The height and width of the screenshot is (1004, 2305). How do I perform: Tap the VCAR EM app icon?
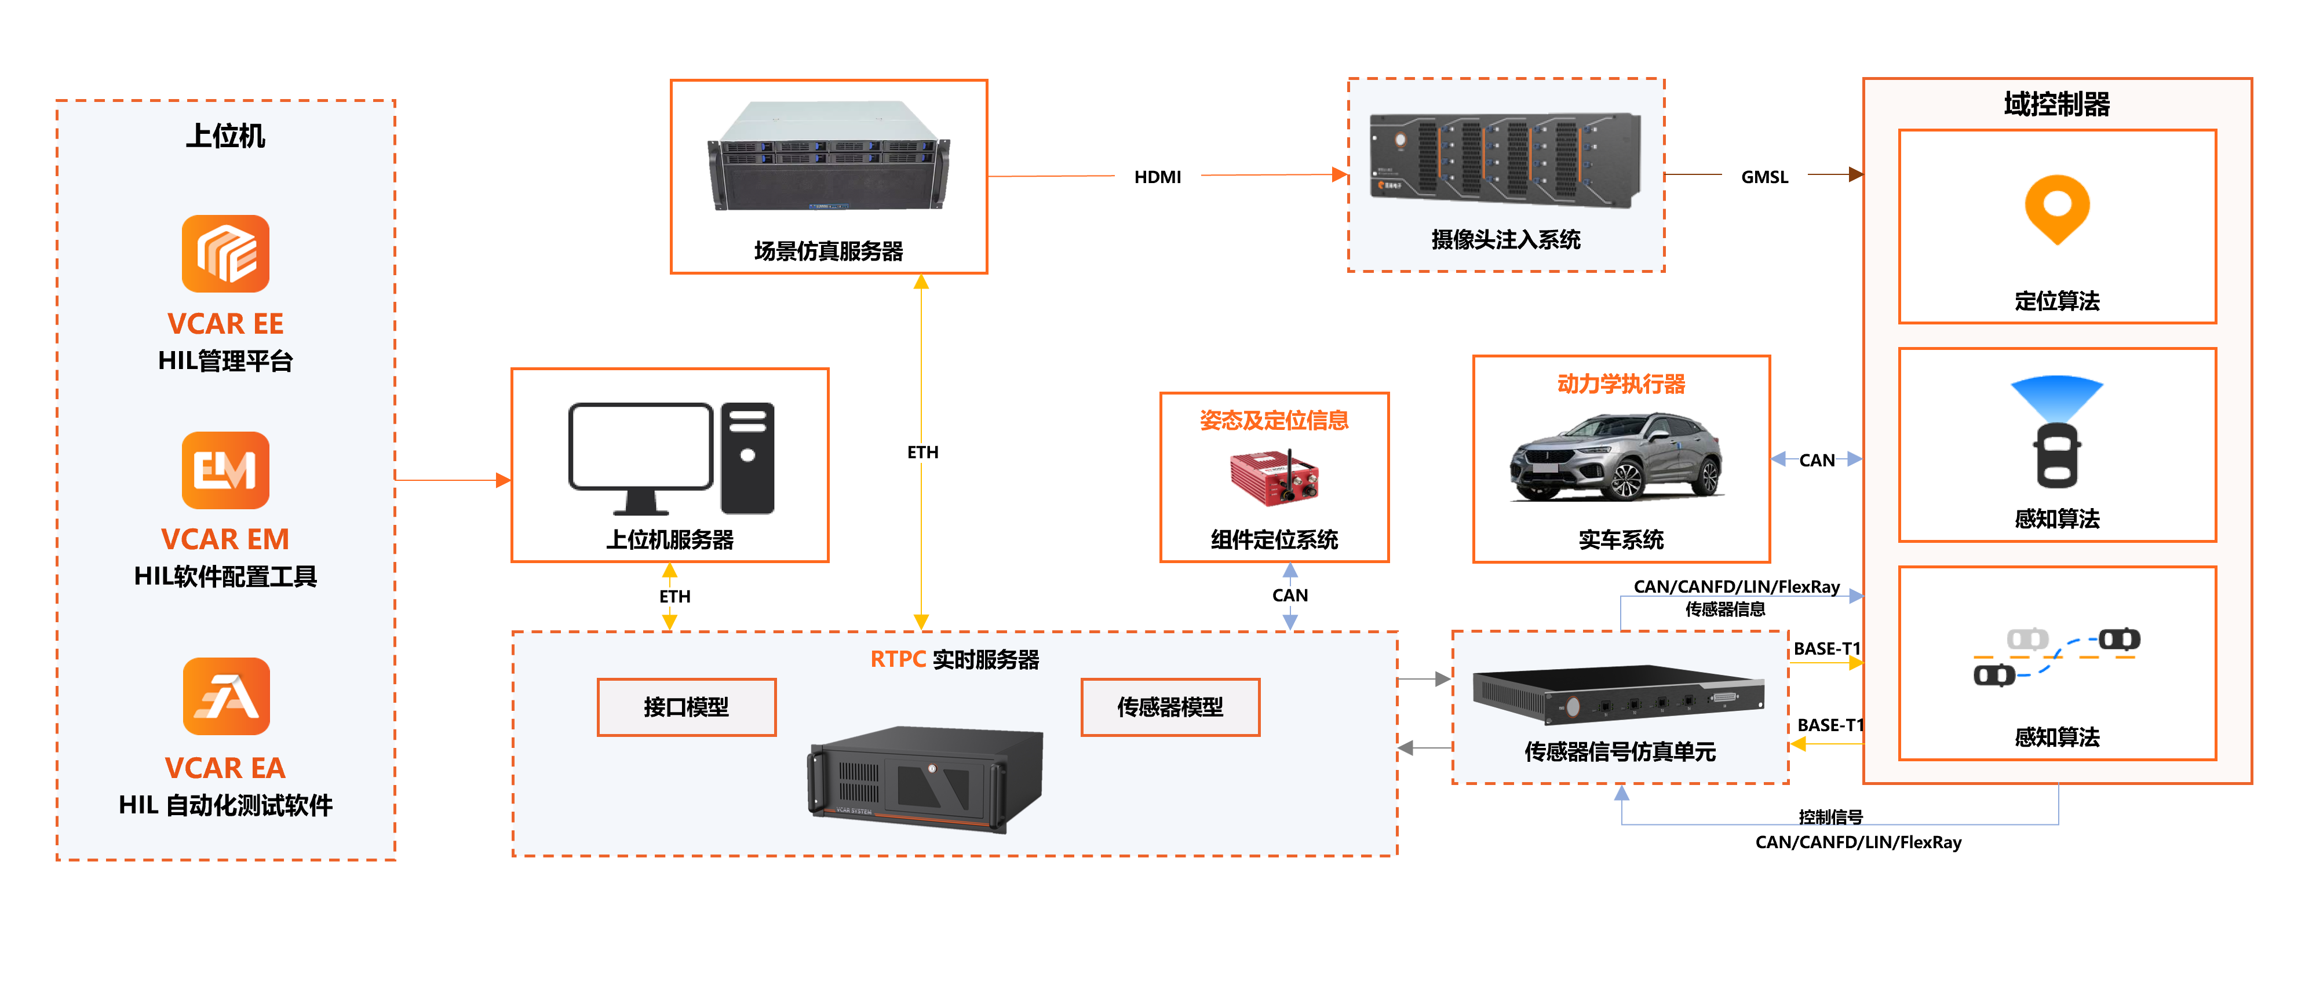click(225, 470)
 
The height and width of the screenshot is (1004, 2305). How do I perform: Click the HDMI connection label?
click(1157, 177)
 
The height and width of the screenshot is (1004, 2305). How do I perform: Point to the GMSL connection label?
click(1764, 177)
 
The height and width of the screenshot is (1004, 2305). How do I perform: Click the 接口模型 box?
click(686, 707)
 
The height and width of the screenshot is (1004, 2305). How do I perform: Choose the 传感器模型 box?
click(1169, 707)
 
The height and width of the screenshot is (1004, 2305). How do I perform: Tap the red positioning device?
click(1273, 479)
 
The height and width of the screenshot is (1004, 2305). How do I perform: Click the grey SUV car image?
click(1618, 457)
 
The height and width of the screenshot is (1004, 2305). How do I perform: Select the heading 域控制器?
click(2056, 104)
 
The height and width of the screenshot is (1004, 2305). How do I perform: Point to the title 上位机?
click(225, 136)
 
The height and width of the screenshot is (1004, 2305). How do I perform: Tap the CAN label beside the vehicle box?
click(1817, 460)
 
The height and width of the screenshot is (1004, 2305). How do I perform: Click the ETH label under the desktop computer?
click(674, 596)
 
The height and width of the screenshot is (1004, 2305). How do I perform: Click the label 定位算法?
click(2057, 301)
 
